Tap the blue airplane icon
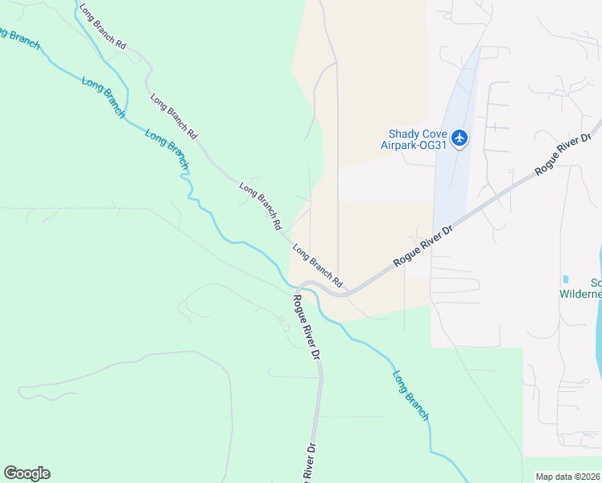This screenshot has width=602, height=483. click(460, 138)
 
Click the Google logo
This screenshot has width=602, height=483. click(27, 473)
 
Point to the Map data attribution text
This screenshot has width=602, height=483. click(567, 477)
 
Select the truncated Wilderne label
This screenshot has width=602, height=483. click(580, 294)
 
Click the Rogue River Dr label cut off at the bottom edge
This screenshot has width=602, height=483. click(309, 462)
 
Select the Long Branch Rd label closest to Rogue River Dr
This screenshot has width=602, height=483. click(317, 266)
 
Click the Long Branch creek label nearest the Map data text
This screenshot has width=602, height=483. click(410, 394)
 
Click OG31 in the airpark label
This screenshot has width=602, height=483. click(432, 146)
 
